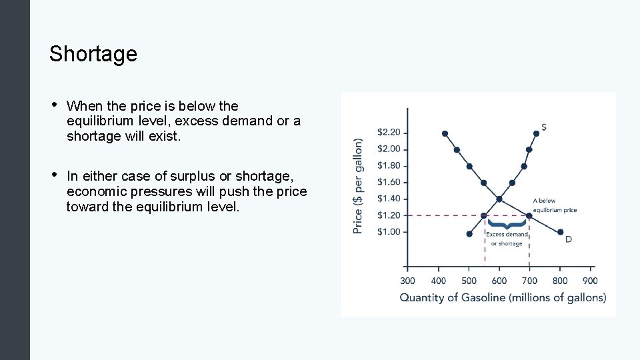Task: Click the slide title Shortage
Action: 93,53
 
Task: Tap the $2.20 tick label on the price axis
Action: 389,132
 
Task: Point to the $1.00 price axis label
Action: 389,231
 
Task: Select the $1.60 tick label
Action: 389,182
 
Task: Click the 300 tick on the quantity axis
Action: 407,281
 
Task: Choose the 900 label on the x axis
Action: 589,281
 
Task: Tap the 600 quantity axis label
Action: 499,281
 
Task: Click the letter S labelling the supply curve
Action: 545,127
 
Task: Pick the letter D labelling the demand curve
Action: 568,239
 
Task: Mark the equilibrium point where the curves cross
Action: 499,199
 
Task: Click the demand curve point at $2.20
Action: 445,133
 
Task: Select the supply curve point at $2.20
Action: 538,133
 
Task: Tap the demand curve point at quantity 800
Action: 560,232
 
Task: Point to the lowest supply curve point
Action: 469,233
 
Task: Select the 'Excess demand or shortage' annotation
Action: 507,239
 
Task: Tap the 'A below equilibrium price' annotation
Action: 554,205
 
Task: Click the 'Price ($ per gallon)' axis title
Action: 359,185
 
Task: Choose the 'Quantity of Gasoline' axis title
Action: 503,298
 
